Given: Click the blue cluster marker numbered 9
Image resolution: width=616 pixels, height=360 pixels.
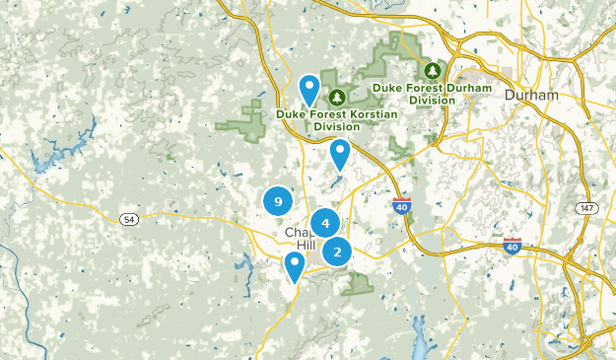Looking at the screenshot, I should pyautogui.click(x=278, y=202).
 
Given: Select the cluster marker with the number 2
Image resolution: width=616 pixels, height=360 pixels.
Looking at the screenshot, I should pyautogui.click(x=337, y=252).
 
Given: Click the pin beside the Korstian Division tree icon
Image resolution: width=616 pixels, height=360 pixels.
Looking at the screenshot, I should pyautogui.click(x=309, y=90).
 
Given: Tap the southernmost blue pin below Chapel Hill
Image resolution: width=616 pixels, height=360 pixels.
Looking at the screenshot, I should pyautogui.click(x=294, y=265).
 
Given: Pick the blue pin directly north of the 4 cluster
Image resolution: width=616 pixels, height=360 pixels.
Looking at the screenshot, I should pyautogui.click(x=341, y=153).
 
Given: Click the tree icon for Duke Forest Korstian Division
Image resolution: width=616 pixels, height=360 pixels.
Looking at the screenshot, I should pyautogui.click(x=337, y=97).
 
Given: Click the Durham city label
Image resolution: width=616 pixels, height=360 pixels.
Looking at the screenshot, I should pyautogui.click(x=530, y=95).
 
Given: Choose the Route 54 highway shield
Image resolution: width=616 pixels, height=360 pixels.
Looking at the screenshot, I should pyautogui.click(x=128, y=218).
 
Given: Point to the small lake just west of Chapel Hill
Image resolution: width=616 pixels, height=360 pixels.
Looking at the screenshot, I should pyautogui.click(x=240, y=262).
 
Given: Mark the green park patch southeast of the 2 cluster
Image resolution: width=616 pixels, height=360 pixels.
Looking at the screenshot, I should pyautogui.click(x=360, y=284).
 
